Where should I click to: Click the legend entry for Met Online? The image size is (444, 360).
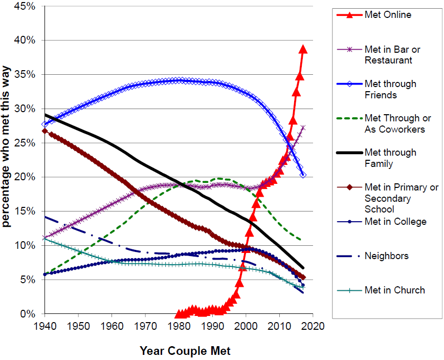[387, 15]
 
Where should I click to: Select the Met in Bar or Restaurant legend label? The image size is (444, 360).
[392, 55]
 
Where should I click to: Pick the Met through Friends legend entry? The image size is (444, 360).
[390, 89]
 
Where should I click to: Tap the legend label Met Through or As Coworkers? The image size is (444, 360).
[394, 124]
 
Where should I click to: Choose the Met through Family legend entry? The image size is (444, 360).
[390, 158]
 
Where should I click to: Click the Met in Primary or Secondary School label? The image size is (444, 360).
[401, 198]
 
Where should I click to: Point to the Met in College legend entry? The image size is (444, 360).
[395, 221]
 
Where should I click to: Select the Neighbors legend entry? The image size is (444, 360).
[386, 256]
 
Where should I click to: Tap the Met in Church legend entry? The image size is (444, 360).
[394, 290]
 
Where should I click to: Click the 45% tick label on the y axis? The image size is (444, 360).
[25, 6]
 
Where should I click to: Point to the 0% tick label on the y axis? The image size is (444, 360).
[27, 314]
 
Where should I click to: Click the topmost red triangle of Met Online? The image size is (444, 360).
[303, 49]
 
